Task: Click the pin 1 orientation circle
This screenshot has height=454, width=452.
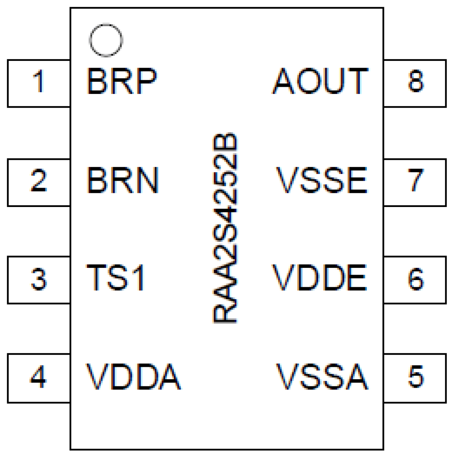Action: click(106, 40)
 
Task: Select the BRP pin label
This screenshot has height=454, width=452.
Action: click(122, 81)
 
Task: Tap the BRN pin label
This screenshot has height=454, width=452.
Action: click(122, 180)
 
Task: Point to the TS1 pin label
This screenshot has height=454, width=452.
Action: click(115, 277)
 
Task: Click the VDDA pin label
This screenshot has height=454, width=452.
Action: click(133, 377)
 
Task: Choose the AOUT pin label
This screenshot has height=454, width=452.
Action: click(320, 81)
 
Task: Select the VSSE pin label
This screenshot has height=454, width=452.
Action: click(322, 180)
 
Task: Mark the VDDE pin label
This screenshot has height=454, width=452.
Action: click(320, 277)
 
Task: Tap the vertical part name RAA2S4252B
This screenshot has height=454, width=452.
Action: click(226, 228)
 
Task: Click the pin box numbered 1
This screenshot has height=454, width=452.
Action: click(39, 83)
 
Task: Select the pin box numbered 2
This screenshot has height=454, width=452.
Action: click(39, 182)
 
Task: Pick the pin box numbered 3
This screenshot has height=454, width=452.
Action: click(39, 280)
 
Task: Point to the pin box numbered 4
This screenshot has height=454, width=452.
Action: click(39, 378)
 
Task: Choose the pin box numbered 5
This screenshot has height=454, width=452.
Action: click(415, 378)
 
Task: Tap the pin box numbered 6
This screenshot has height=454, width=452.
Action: click(415, 280)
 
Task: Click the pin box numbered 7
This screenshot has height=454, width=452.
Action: click(415, 182)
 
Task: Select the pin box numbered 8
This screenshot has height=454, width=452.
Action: click(415, 83)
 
